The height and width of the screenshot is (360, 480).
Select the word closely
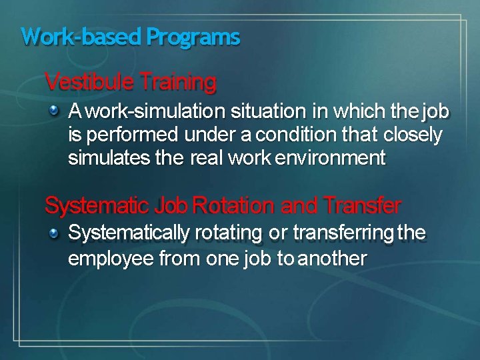[413, 135]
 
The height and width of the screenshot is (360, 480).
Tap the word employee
[110, 259]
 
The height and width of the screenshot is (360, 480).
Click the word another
[332, 259]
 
